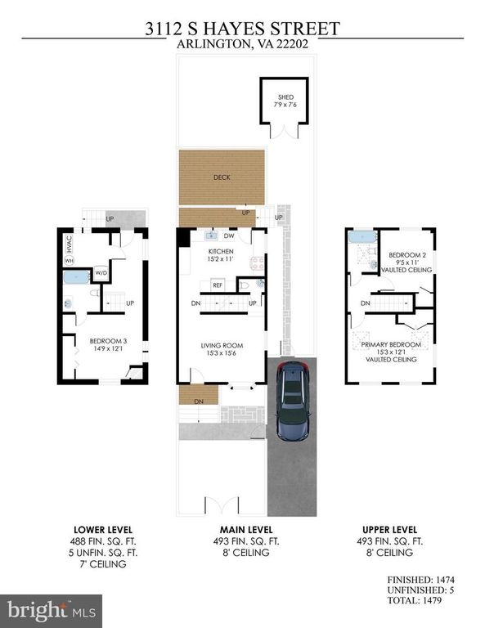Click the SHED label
click(x=285, y=97)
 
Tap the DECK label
click(x=222, y=177)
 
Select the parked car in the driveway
click(x=293, y=401)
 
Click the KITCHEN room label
click(x=221, y=252)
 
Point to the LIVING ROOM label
click(x=222, y=345)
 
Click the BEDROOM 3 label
click(x=108, y=341)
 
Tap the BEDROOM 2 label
click(x=407, y=255)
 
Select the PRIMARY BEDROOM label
click(x=391, y=344)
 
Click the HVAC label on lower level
click(x=69, y=244)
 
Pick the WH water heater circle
click(x=70, y=261)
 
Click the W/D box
click(x=101, y=273)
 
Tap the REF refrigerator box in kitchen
click(x=218, y=285)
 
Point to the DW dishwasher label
click(x=229, y=235)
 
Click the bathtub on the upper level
click(x=362, y=236)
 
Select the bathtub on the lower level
click(x=77, y=277)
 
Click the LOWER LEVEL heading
click(x=103, y=530)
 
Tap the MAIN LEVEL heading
click(x=246, y=530)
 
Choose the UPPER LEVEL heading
click(x=389, y=530)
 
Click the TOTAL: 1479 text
click(x=415, y=600)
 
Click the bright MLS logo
click(x=52, y=611)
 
